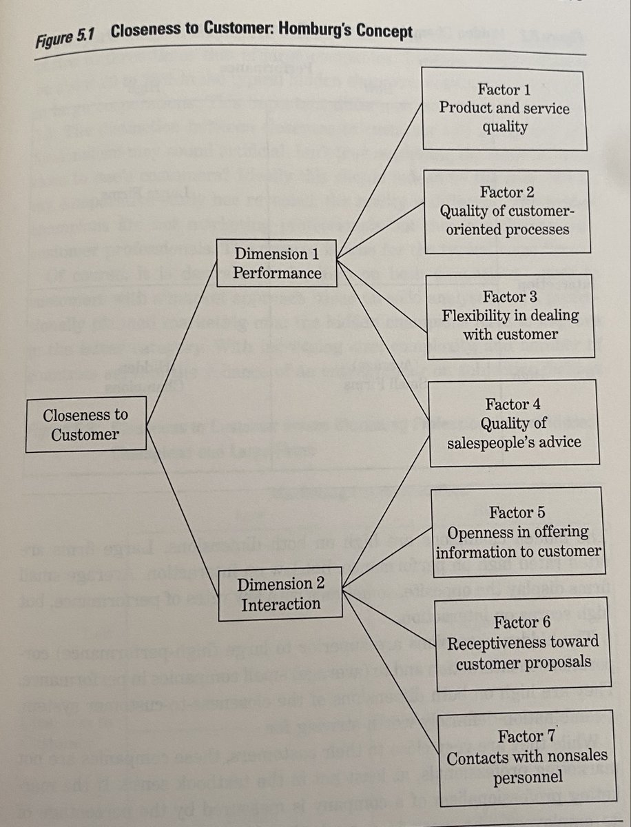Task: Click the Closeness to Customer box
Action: tap(86, 425)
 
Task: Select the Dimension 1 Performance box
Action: tap(276, 263)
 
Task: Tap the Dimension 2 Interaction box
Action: tap(281, 594)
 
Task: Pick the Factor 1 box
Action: tap(504, 108)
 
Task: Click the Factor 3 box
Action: tap(510, 316)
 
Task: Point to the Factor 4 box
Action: tap(513, 423)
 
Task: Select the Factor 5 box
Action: tap(519, 532)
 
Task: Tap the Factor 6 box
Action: tap(522, 642)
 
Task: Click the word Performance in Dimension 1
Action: tap(276, 273)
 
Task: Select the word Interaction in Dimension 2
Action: tap(281, 604)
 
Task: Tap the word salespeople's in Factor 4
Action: tap(491, 442)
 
